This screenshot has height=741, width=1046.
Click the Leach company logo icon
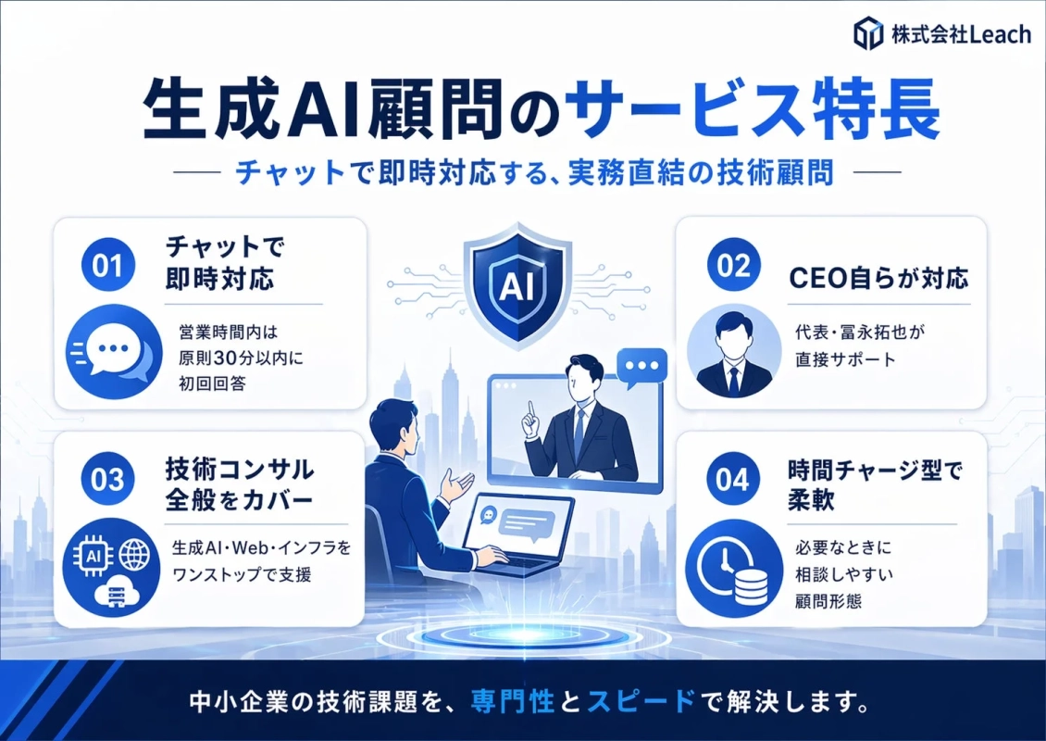coord(869,34)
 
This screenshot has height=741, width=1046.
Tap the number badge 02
coord(732,267)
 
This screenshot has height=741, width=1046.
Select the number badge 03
coord(108,479)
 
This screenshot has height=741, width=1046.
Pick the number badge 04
coord(732,479)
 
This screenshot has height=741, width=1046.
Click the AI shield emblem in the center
coord(517,283)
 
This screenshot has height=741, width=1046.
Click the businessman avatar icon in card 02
coord(733,351)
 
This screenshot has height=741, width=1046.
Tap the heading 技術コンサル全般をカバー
coord(239,484)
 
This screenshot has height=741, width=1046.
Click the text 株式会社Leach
coord(960,35)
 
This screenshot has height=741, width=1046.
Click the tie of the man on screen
coord(579,431)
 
